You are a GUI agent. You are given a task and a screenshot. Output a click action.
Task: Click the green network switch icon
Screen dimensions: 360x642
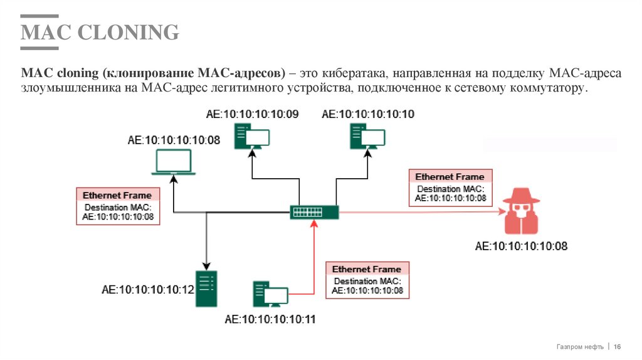point(314,212)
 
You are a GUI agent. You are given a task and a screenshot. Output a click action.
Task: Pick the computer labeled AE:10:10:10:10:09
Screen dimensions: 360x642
point(251,135)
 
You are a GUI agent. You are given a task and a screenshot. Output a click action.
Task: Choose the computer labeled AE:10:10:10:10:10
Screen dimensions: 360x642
point(367,135)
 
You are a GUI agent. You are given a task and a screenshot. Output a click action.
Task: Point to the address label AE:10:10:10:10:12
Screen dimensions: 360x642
point(148,290)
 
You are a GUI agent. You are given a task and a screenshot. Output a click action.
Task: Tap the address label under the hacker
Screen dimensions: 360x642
point(521,246)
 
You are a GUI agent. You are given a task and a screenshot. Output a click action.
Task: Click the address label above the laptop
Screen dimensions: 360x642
point(174,140)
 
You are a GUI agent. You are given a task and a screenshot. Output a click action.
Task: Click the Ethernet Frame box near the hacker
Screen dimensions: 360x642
point(450,188)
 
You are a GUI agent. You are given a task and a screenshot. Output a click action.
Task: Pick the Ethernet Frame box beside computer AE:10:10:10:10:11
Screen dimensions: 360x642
point(367,280)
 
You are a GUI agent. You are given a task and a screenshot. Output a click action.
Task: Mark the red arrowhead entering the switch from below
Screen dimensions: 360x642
point(314,224)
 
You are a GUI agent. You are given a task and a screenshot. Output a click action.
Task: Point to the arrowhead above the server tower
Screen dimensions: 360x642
point(206,266)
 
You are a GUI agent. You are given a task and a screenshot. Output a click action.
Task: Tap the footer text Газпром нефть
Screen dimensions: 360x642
point(580,347)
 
